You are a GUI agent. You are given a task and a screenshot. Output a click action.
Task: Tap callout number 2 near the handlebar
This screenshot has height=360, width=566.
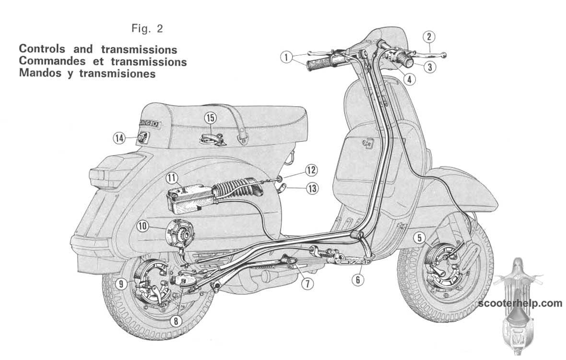click(x=428, y=36)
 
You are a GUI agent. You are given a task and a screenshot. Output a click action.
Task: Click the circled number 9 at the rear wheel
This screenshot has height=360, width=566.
click(x=121, y=284)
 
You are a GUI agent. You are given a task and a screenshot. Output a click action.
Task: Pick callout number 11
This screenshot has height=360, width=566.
click(x=173, y=179)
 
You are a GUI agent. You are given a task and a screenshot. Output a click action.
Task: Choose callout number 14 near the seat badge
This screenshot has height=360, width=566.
click(x=119, y=138)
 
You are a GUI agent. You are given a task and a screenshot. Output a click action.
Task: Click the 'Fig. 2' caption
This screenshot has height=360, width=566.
click(x=147, y=29)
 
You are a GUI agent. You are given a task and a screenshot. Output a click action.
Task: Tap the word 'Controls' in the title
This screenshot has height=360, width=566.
click(x=42, y=50)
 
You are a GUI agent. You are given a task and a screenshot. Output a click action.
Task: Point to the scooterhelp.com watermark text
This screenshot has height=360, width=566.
click(x=520, y=303)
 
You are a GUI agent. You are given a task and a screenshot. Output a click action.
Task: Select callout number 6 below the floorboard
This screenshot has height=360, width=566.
click(x=357, y=279)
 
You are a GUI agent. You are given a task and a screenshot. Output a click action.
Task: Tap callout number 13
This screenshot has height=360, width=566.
click(x=312, y=189)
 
